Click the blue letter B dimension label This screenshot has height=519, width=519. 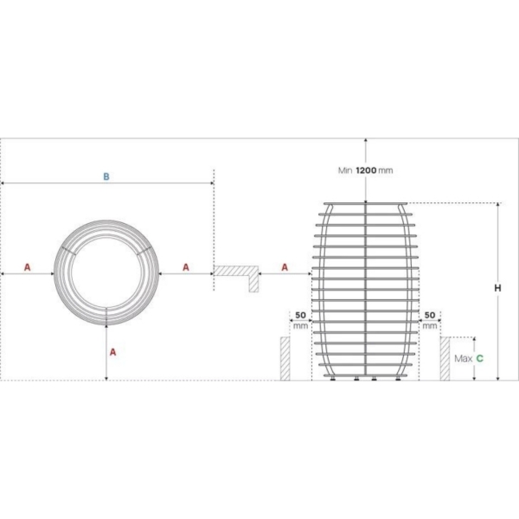click(106, 176)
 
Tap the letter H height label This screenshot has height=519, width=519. click(497, 288)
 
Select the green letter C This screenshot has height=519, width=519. click(479, 358)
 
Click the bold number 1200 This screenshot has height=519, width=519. click(366, 170)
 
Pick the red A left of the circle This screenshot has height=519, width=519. click(28, 267)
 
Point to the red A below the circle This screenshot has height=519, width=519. click(112, 352)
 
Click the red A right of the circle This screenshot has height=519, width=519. click(186, 267)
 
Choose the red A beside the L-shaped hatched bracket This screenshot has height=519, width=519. click(285, 267)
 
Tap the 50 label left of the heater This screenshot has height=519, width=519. click(300, 315)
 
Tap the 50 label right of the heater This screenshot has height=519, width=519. click(430, 315)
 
